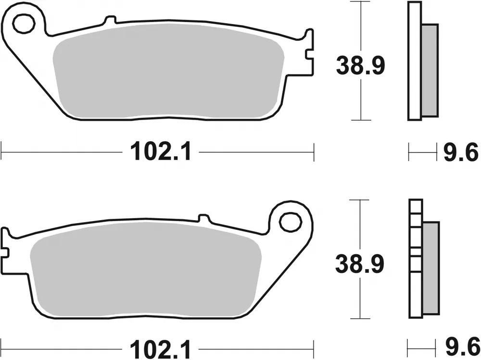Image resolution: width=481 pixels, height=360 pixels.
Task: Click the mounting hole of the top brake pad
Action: coord(23,24)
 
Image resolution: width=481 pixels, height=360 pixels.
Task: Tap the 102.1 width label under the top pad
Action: coord(161,153)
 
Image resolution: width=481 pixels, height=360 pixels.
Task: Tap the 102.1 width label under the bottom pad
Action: coord(161,346)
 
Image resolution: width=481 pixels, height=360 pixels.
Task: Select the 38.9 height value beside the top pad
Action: coord(360,66)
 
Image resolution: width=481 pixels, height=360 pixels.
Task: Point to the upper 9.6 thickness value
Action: coord(460,153)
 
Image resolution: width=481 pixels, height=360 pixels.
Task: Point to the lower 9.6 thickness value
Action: coord(460,346)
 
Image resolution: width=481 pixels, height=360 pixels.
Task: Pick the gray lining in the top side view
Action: coord(430,70)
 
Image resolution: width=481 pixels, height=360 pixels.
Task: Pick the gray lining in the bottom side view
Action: coord(431,268)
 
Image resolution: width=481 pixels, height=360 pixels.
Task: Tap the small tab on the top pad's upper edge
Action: coord(110,20)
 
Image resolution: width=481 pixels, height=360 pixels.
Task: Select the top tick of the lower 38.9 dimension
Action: coord(360,199)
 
